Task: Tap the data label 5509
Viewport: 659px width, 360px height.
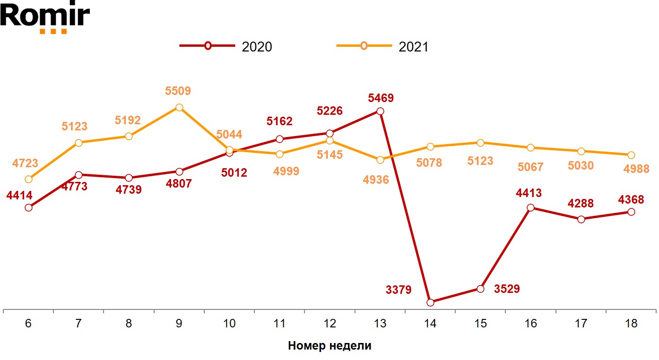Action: coord(178,91)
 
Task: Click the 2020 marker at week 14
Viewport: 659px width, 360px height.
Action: coord(430,302)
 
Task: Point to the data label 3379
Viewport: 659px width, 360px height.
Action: coord(399,290)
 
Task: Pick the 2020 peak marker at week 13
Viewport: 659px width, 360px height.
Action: coord(380,111)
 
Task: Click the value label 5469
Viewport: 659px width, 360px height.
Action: coord(381,99)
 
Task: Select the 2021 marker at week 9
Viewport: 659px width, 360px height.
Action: coord(179,108)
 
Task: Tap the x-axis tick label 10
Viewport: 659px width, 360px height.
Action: coord(229,324)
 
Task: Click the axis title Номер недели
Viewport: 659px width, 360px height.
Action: coord(329,346)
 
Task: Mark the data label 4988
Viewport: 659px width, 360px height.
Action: coord(636,169)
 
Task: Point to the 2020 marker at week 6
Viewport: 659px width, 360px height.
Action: coord(28,207)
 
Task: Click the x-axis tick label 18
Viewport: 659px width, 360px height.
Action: coord(631,324)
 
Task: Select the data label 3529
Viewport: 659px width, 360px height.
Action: coord(507,289)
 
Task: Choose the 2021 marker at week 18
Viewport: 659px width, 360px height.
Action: coord(631,155)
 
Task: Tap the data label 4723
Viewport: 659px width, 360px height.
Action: coord(25,163)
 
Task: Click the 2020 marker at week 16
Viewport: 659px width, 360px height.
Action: coord(531,208)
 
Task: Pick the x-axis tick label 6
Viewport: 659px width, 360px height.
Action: coord(28,324)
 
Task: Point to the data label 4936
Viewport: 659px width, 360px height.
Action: coord(376,180)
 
